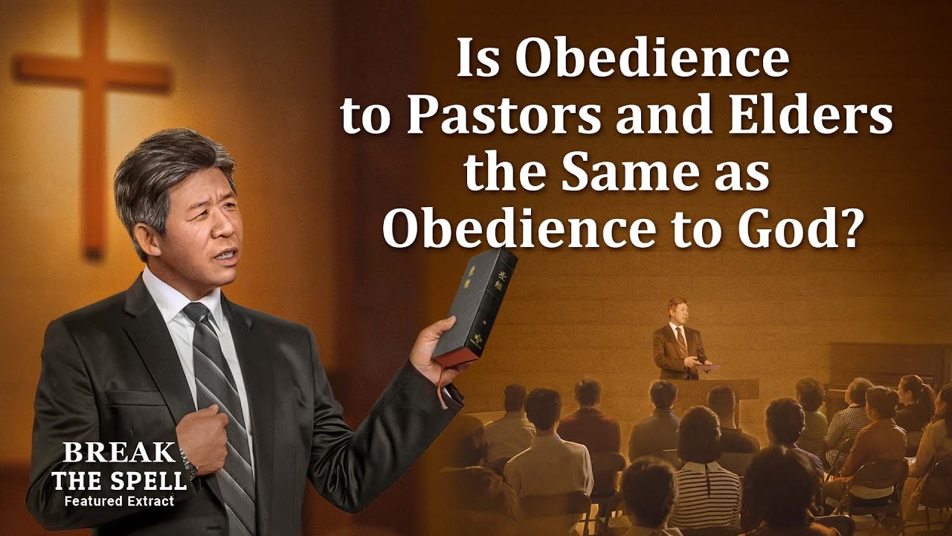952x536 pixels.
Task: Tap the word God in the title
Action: click(x=773, y=229)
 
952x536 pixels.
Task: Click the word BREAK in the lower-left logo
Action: click(x=120, y=453)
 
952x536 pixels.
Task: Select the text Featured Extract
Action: click(x=120, y=501)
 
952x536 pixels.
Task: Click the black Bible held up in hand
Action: click(x=475, y=307)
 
